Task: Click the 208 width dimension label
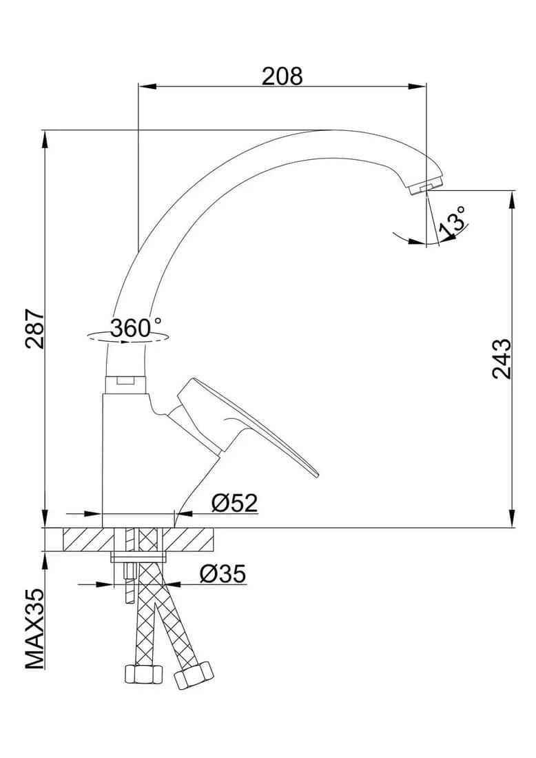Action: click(282, 76)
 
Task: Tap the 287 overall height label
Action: click(35, 329)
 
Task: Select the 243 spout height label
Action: click(501, 359)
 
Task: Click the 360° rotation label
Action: click(135, 328)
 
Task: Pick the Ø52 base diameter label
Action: click(234, 504)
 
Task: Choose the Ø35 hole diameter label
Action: click(223, 574)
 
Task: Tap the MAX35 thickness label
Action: click(35, 629)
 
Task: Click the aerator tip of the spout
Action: click(425, 187)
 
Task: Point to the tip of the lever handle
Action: click(317, 475)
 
